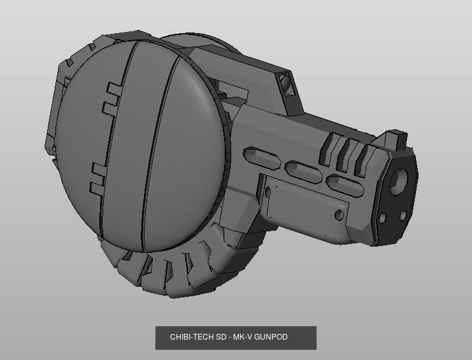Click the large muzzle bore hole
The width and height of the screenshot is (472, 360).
click(398, 181)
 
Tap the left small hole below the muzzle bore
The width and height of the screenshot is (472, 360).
click(382, 218)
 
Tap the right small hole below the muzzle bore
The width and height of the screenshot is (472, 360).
click(403, 215)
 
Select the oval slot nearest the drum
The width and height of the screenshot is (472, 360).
click(261, 158)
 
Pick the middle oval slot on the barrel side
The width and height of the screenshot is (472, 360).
click(303, 172)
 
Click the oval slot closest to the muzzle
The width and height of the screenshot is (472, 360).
click(345, 185)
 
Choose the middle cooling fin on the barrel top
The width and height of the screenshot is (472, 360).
click(346, 154)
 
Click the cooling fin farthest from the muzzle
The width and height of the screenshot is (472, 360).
click(329, 148)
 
